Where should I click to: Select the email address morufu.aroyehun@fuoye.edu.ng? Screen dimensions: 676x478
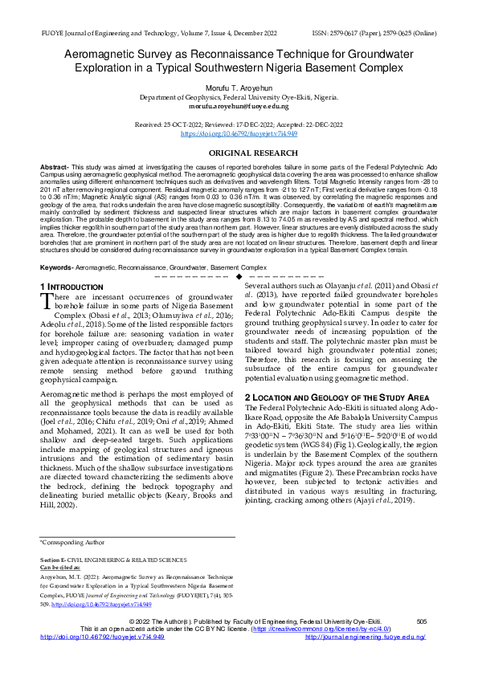tap(239, 106)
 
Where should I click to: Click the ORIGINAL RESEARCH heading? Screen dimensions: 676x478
tap(239, 152)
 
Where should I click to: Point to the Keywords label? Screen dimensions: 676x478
tap(55, 266)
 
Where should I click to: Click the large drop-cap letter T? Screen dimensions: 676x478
tap(47, 300)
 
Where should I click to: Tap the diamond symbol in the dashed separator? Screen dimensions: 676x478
tap(239, 276)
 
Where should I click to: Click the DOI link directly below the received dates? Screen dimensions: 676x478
tap(239, 134)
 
